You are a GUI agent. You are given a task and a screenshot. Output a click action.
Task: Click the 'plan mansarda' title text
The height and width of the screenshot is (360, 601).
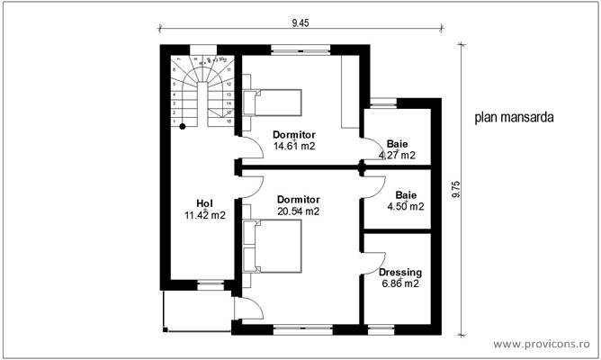[x=514, y=117]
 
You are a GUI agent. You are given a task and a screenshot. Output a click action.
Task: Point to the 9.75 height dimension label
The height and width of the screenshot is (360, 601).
[x=456, y=189]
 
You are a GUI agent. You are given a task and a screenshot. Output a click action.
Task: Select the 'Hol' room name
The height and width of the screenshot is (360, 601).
[x=204, y=202]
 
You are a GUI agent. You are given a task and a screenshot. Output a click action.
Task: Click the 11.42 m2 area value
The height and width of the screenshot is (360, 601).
[x=204, y=215]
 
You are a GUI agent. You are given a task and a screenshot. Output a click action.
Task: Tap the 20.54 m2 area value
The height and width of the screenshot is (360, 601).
[x=298, y=211]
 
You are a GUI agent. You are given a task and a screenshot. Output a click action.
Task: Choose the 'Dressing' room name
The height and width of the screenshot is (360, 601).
[x=399, y=272]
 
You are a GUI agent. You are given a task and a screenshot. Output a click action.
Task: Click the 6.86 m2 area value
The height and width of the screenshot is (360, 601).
[x=400, y=283]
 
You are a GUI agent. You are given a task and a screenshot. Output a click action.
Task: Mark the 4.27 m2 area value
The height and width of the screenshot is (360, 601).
[x=396, y=155]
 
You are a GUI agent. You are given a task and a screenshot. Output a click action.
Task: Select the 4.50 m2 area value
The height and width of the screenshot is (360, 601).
[x=405, y=205]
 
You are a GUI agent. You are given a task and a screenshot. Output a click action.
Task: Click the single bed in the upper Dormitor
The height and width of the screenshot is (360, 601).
[x=274, y=103]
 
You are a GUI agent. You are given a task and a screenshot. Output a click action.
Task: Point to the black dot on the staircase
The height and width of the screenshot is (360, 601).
[x=182, y=126]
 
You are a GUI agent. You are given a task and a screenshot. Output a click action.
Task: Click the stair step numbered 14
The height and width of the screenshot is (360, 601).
[x=230, y=103]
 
